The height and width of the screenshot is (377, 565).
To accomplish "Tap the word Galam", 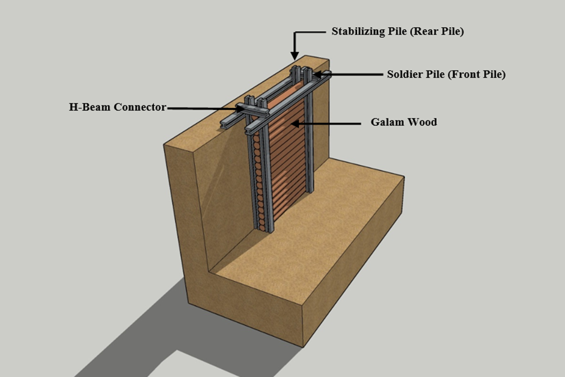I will [386, 122].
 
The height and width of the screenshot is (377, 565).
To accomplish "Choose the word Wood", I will [422, 122].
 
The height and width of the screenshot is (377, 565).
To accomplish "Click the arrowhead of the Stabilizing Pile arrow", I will [295, 55].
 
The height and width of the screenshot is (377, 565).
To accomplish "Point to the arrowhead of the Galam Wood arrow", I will [293, 124].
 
